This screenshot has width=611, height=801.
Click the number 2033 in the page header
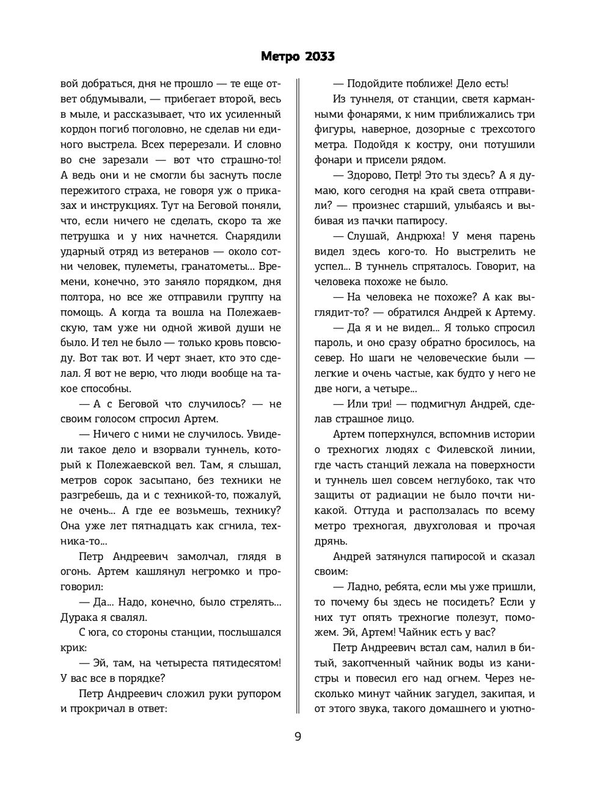[316, 57]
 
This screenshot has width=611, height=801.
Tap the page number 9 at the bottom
[298, 736]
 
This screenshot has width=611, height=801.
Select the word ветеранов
[165, 251]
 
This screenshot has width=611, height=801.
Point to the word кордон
[80, 129]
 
